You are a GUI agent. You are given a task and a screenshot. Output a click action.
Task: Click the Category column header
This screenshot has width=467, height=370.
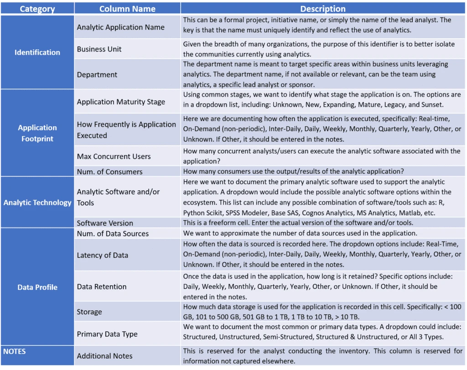(37, 9)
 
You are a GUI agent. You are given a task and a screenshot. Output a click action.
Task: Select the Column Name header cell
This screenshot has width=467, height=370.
(127, 9)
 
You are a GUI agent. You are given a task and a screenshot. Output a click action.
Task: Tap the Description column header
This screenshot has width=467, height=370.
(323, 9)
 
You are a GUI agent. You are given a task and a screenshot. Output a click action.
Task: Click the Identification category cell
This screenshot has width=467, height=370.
(37, 52)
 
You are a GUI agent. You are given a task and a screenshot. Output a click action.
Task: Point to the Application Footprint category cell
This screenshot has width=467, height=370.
(37, 133)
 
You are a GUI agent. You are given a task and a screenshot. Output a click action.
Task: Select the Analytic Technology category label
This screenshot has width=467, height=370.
(37, 202)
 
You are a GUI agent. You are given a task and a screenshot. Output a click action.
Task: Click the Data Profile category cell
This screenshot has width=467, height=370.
(37, 287)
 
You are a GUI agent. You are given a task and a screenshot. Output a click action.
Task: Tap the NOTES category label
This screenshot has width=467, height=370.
(15, 351)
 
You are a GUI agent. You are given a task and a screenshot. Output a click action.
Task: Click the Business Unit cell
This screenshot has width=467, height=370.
(99, 49)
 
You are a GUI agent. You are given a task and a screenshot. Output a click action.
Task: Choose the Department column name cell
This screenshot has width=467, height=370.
(97, 75)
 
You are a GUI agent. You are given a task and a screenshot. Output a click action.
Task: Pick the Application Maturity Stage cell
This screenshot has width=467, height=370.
(121, 102)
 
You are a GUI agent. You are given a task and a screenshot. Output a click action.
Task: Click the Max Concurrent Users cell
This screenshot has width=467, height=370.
(114, 156)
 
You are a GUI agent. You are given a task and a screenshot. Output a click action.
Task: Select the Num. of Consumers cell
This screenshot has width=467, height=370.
(109, 172)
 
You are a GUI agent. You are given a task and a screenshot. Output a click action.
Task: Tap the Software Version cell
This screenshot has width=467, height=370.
(105, 223)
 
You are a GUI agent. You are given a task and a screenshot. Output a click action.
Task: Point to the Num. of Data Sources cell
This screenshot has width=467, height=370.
(113, 234)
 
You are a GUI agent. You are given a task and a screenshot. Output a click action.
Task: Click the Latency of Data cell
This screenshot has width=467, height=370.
(103, 255)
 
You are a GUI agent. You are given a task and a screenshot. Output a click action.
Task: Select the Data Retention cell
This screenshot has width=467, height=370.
(102, 287)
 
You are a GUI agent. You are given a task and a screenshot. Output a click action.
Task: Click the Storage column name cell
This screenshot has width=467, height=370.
(89, 312)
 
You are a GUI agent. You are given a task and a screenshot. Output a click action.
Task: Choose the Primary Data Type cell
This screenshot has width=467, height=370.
(107, 334)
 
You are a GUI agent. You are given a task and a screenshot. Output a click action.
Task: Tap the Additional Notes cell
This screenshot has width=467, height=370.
(104, 356)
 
